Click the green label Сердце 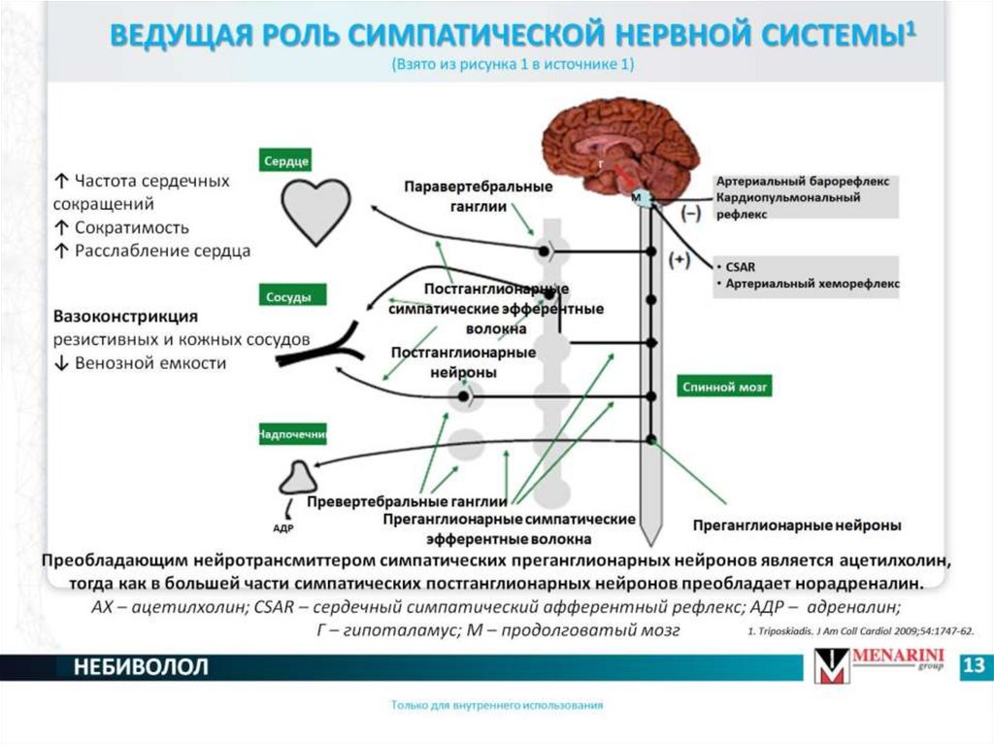click(285, 160)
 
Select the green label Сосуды click(292, 296)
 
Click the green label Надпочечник click(292, 434)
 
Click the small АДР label click(282, 528)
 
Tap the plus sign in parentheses click(679, 259)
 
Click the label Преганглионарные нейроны click(796, 525)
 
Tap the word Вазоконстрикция click(126, 317)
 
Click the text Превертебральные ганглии click(407, 502)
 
